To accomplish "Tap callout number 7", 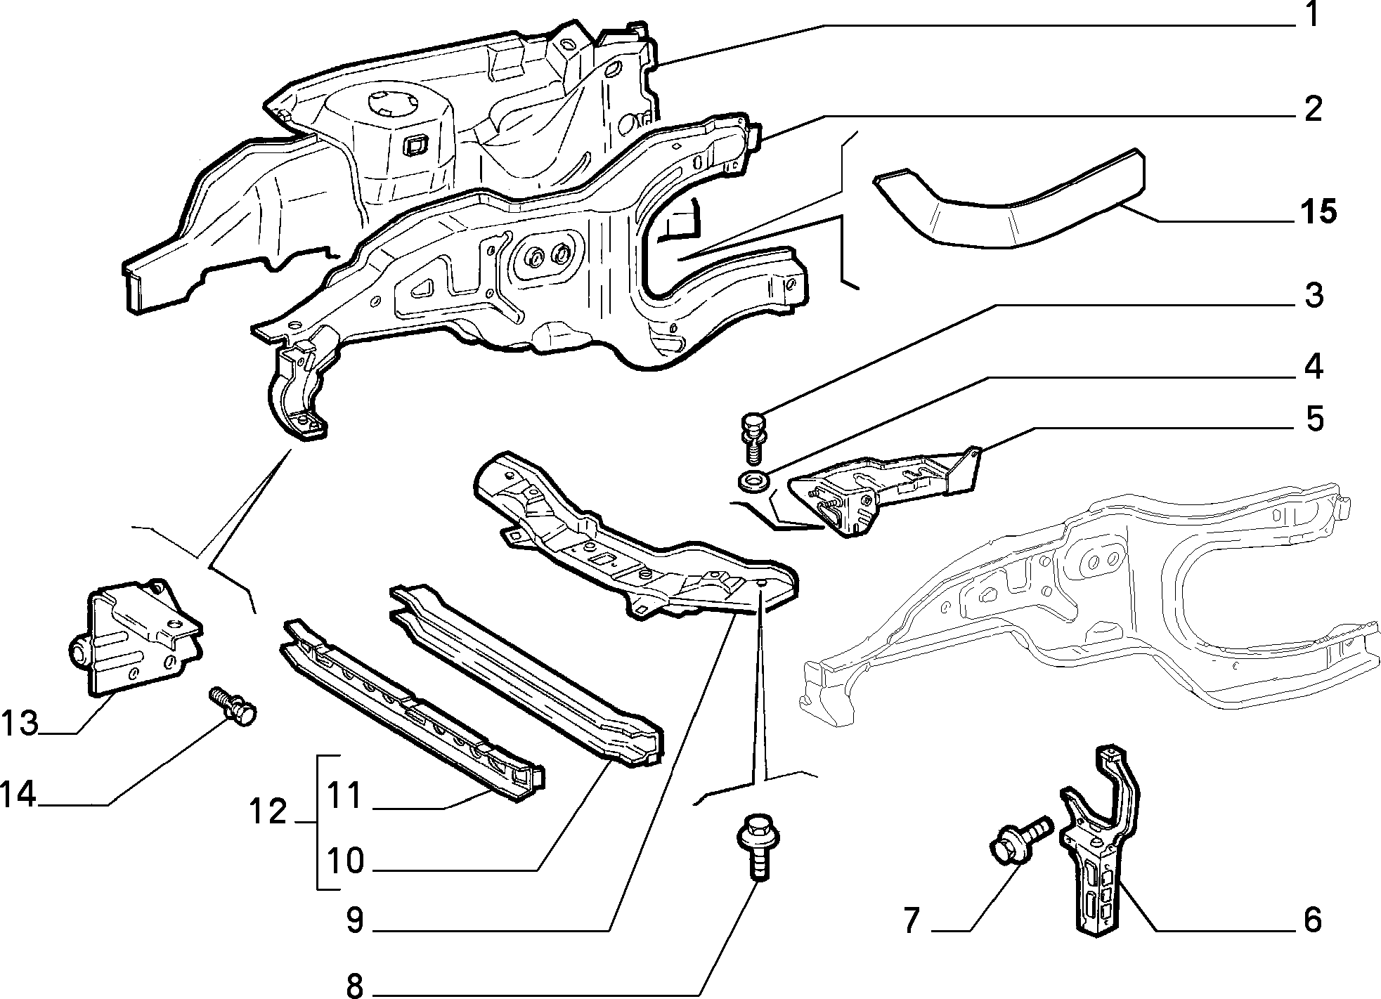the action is [912, 920].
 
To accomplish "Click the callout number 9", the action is [355, 920].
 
